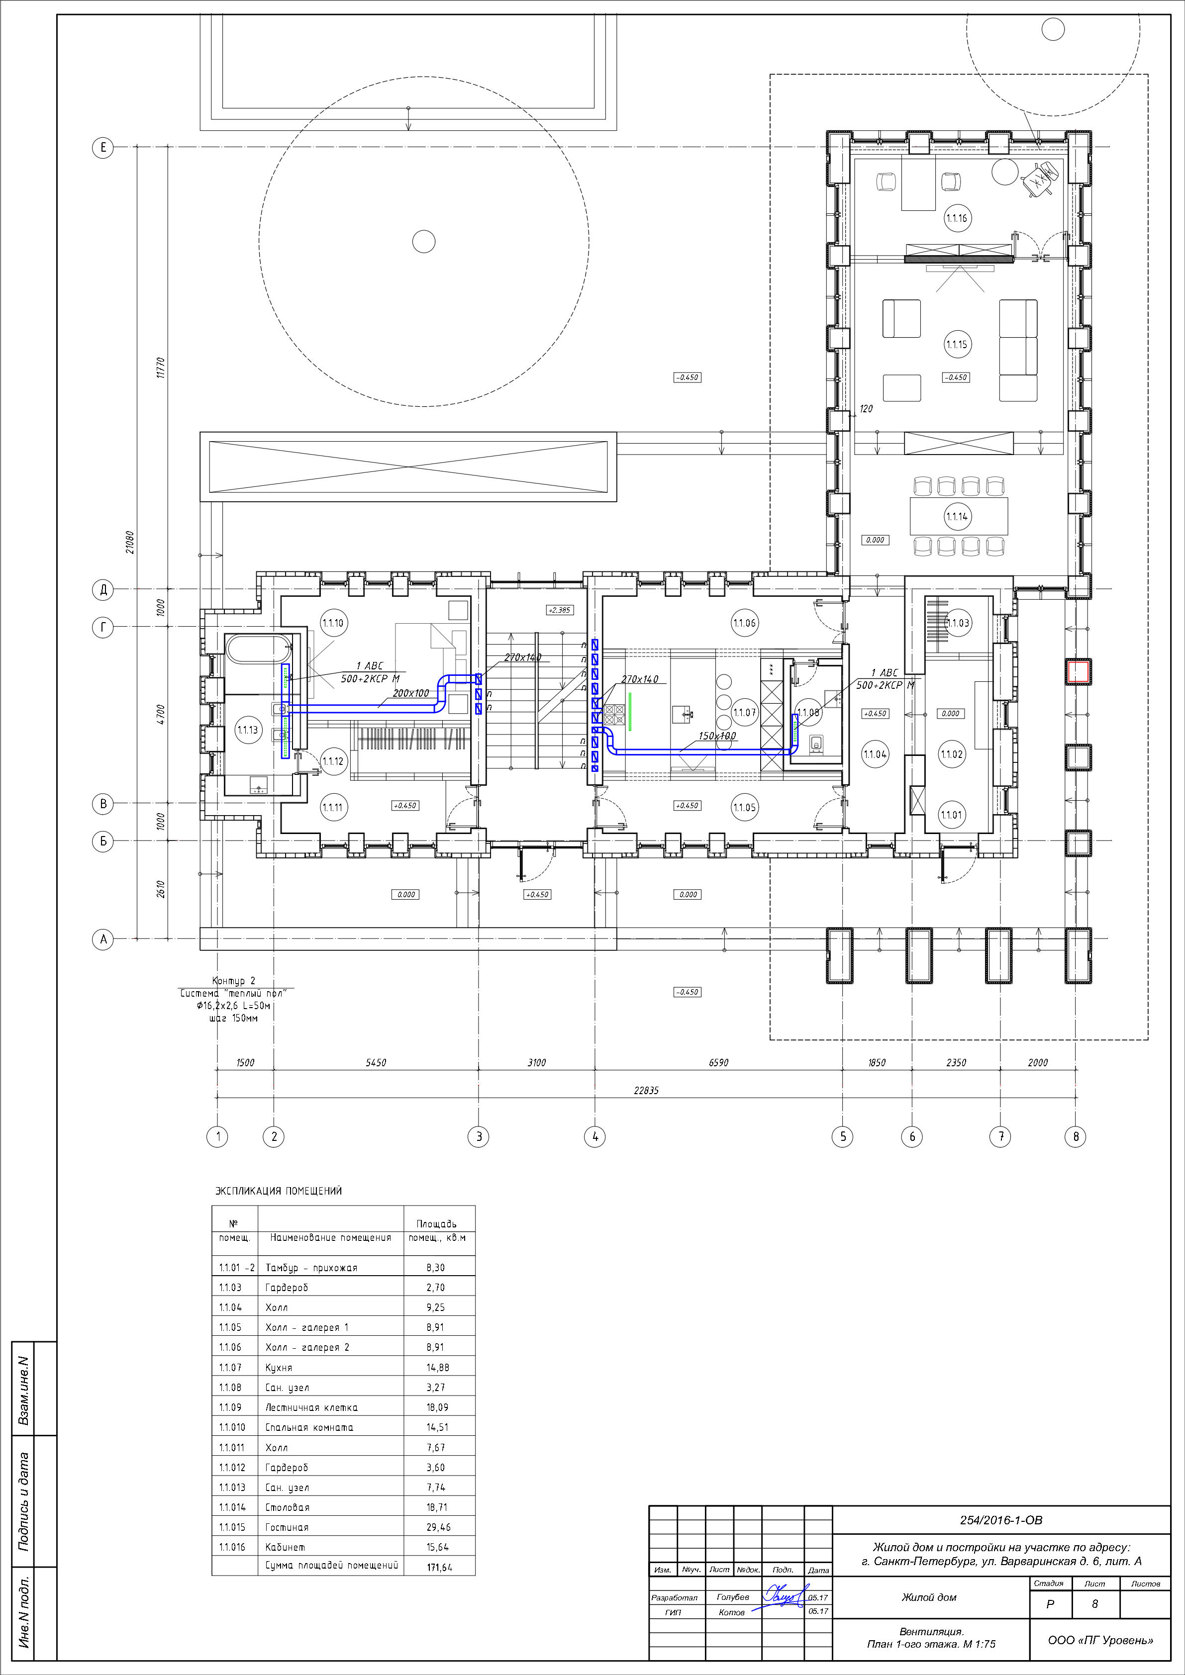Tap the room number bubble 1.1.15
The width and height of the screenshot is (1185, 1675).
click(957, 344)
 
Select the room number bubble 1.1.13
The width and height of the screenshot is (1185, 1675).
click(247, 730)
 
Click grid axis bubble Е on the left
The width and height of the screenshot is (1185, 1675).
click(103, 147)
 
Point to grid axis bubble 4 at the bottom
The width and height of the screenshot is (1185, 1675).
click(594, 1136)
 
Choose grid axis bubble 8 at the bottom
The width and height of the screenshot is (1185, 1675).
click(1076, 1136)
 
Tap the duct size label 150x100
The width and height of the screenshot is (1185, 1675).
click(717, 736)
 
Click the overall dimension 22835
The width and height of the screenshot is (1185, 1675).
click(646, 1091)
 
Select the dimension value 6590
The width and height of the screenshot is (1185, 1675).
click(719, 1063)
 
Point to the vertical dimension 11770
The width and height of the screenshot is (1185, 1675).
click(161, 368)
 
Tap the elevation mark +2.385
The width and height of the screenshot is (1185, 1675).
click(560, 610)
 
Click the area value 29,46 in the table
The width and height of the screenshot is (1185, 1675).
click(438, 1527)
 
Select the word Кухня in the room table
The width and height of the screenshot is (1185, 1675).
click(279, 1368)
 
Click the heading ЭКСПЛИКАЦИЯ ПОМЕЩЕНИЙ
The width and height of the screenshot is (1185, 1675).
click(278, 1191)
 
